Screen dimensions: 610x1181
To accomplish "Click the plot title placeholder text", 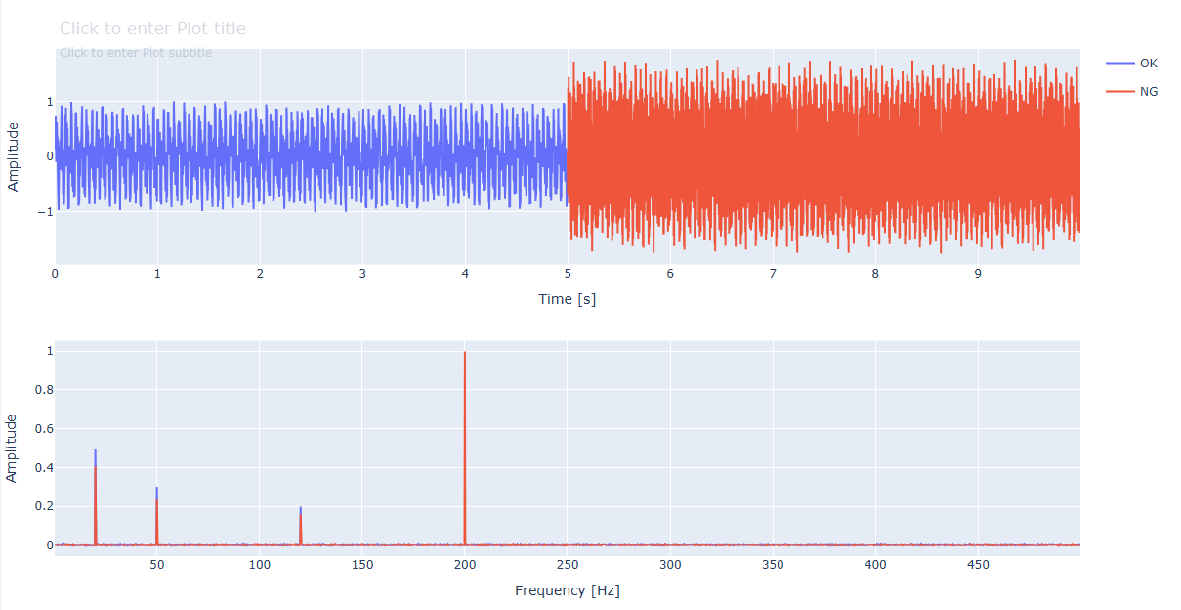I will pyautogui.click(x=152, y=29).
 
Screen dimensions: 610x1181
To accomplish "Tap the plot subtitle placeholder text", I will pyautogui.click(x=136, y=53).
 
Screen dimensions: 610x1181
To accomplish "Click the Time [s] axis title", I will pyautogui.click(x=567, y=299).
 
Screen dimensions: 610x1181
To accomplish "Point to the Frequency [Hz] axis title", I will pyautogui.click(x=567, y=590).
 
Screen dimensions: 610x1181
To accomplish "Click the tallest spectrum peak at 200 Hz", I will pyautogui.click(x=465, y=354).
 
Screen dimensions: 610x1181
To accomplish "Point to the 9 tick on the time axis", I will pyautogui.click(x=978, y=274).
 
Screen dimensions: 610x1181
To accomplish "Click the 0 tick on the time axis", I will pyautogui.click(x=55, y=274).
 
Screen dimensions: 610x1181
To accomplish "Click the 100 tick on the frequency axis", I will pyautogui.click(x=259, y=565).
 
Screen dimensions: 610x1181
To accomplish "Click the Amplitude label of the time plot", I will pyautogui.click(x=14, y=156).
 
